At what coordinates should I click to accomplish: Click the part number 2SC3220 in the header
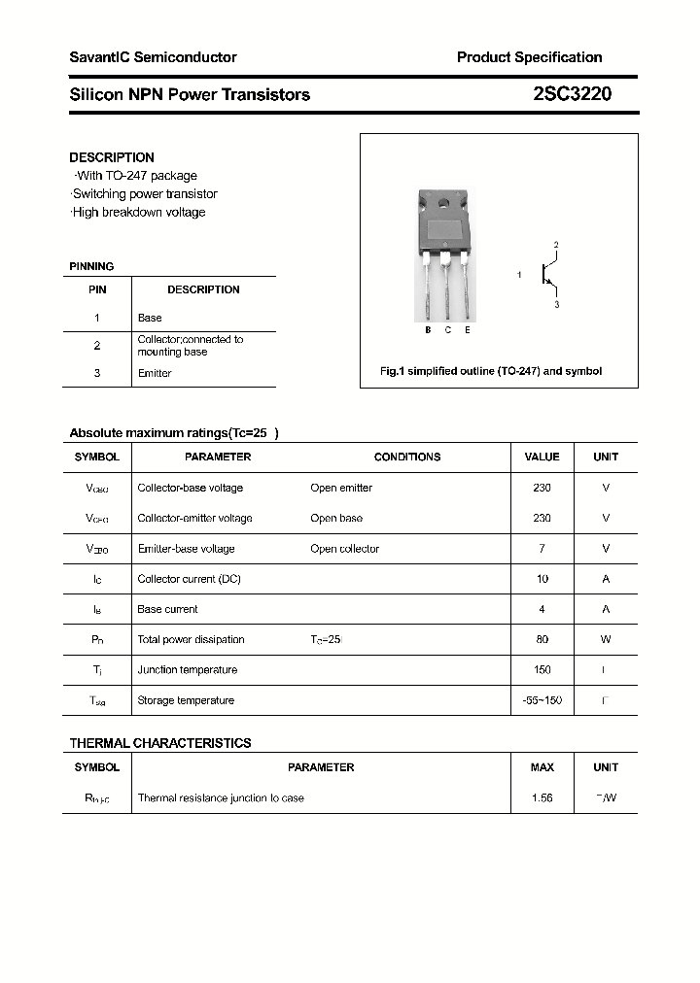572,94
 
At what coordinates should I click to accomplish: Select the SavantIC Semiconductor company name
153,57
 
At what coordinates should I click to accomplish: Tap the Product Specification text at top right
529,57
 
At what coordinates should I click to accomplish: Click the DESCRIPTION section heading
112,157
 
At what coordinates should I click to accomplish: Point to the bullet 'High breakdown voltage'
138,212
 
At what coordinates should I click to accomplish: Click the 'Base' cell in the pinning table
150,318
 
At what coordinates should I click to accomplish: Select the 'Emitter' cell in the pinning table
155,373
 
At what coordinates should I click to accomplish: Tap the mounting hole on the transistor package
445,205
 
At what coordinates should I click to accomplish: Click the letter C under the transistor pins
447,330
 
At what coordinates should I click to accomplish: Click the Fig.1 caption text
490,371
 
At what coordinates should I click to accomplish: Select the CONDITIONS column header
406,457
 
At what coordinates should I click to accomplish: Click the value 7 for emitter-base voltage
542,549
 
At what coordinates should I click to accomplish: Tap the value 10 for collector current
542,579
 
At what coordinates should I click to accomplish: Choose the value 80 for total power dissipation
542,639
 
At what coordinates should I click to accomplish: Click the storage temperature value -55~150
542,700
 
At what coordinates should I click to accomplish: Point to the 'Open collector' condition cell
344,549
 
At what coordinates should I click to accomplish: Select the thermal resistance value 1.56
542,797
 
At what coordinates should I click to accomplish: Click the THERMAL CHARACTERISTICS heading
160,743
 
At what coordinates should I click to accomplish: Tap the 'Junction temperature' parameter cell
187,669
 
